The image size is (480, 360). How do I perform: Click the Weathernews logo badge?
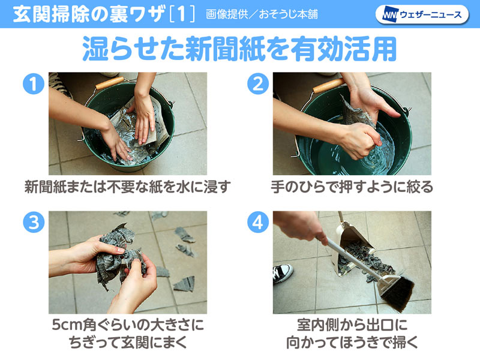[x=422, y=14]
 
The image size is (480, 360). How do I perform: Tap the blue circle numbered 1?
[x=34, y=85]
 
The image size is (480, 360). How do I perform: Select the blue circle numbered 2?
[x=259, y=85]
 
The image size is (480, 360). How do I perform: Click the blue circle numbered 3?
[x=34, y=223]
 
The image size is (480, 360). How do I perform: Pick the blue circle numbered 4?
[x=259, y=223]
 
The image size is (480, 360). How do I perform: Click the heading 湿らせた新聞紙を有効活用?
[x=239, y=50]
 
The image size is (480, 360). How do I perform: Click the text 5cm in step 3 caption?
[x=67, y=326]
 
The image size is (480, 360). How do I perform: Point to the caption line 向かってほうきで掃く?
[x=352, y=343]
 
